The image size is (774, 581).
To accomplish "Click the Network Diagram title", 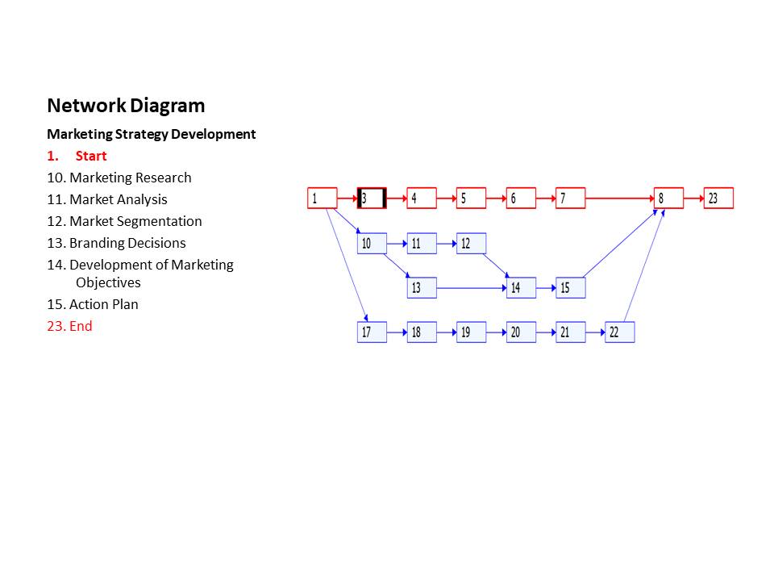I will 126,106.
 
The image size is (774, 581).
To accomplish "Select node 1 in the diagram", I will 322,199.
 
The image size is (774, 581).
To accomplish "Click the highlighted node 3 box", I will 372,199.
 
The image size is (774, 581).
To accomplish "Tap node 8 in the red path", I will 668,199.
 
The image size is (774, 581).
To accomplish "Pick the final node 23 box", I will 718,199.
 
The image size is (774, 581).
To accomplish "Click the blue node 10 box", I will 372,244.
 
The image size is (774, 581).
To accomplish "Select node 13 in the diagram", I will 422,288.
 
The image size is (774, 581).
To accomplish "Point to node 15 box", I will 570,288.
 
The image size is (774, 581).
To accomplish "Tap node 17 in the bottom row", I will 372,332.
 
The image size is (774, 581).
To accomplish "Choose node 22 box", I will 619,332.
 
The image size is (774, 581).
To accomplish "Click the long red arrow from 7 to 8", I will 619,199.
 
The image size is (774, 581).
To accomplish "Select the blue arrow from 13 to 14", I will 471,288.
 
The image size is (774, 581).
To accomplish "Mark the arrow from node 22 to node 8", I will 645,266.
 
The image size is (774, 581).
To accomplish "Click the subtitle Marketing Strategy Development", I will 152,134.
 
